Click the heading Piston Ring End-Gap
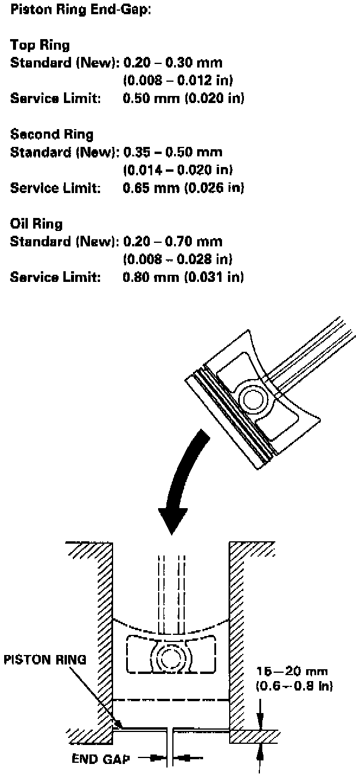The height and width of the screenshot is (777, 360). coord(81,11)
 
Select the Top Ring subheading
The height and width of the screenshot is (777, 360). coord(40,45)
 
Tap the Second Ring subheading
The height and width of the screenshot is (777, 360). coord(52,134)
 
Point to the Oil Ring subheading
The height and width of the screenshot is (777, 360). coord(37,224)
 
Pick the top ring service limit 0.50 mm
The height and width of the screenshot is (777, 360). coord(150,98)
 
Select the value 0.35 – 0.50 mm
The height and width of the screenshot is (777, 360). coord(172,152)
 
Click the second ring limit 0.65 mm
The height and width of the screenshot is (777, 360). coord(150,188)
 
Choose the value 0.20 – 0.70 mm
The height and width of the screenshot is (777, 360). coord(172,242)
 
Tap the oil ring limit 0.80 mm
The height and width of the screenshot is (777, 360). coord(150,277)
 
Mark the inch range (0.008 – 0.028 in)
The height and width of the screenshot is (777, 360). coord(177,259)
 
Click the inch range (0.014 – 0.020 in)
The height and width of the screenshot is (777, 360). coord(177,170)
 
